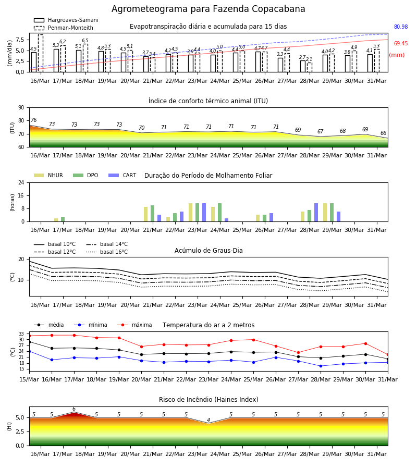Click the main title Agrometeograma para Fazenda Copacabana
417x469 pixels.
pos(208,9)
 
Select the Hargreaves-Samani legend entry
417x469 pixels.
pos(66,20)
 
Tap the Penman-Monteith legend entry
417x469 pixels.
pos(64,28)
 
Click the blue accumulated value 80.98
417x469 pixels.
pos(401,27)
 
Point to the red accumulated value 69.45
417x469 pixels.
pos(401,43)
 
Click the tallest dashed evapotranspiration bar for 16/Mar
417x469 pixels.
pos(41,53)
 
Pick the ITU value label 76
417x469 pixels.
pos(33,120)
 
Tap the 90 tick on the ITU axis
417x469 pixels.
pos(21,108)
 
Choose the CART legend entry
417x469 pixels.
pos(122,175)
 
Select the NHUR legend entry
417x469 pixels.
pos(48,175)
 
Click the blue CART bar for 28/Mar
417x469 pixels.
pos(316,213)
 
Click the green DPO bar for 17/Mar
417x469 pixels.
pos(63,219)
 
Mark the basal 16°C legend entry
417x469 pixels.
pos(107,252)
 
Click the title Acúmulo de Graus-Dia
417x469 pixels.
pos(208,251)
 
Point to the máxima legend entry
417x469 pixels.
pos(134,325)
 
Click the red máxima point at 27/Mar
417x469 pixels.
pos(298,353)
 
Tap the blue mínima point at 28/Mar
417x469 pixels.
pos(321,366)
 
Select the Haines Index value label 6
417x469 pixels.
pos(74,409)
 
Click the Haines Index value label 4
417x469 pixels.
pos(208,420)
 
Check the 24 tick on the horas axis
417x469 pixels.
pos(21,183)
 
